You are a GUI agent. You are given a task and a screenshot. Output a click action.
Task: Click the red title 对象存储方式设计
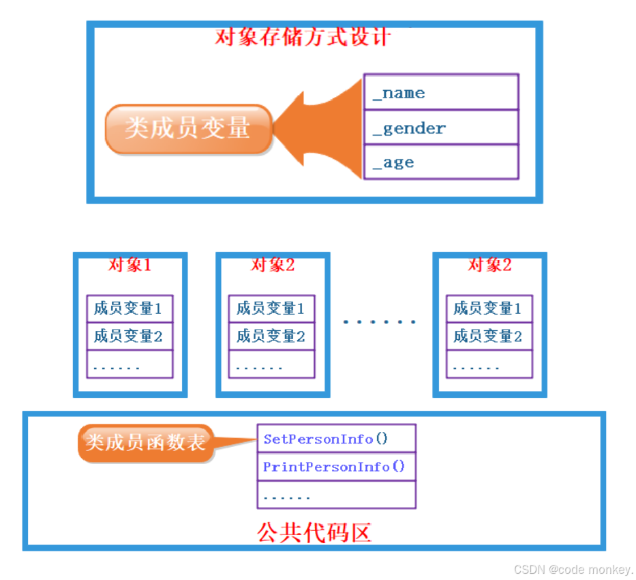(303, 35)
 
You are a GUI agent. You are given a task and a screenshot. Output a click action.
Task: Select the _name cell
(440, 93)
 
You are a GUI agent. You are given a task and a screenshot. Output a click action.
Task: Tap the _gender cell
(440, 128)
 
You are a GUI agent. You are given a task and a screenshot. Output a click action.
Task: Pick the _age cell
(440, 162)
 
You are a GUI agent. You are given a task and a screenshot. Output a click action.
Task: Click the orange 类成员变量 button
(188, 128)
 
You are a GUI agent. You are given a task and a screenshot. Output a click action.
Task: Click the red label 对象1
(130, 265)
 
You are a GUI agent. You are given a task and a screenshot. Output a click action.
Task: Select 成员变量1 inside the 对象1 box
(130, 308)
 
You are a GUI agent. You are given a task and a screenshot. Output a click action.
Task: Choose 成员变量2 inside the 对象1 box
(130, 336)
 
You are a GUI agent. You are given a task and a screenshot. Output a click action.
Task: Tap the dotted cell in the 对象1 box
(130, 364)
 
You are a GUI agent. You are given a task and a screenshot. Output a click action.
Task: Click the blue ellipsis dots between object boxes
(380, 321)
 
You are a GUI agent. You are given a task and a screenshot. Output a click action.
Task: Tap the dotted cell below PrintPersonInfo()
(336, 495)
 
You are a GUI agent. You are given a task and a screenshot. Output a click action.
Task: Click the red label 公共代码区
(314, 532)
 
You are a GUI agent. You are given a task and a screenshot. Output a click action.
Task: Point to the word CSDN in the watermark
(530, 569)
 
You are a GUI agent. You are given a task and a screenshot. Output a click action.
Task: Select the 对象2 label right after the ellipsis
(489, 265)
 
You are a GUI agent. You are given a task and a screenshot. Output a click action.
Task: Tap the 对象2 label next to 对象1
(273, 265)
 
